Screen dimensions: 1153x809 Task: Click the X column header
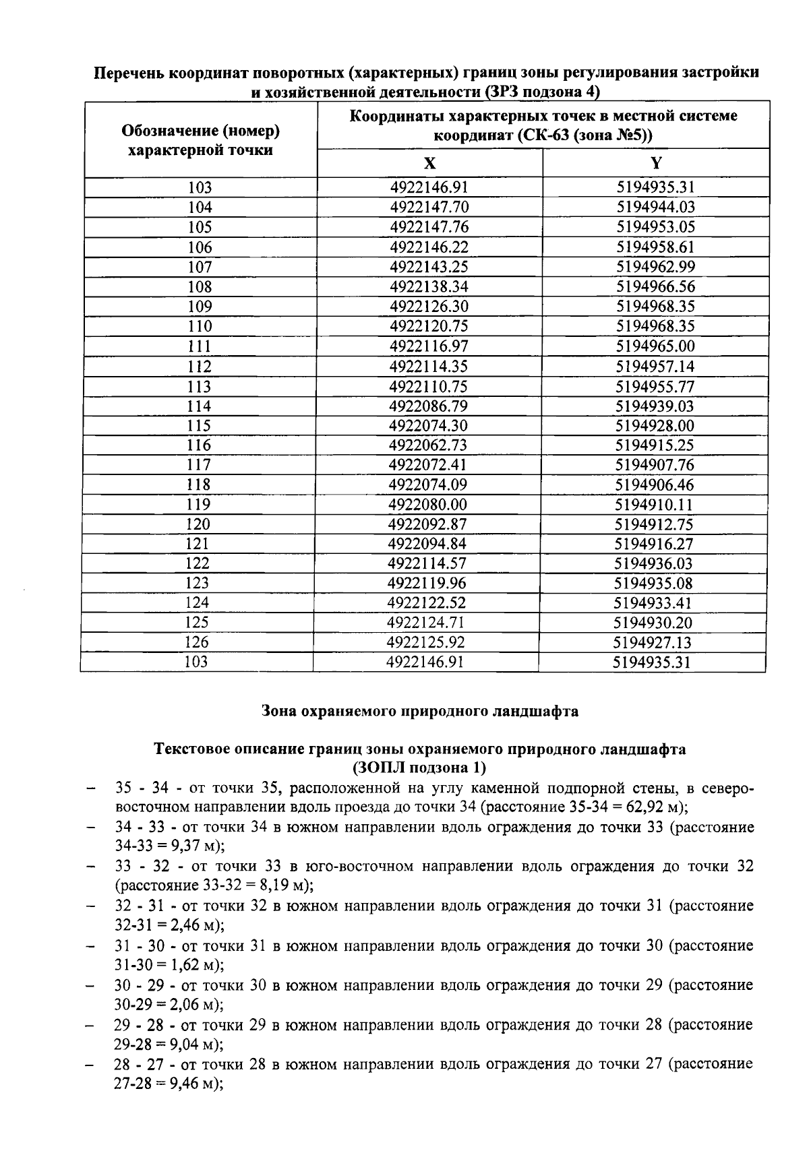[x=429, y=163]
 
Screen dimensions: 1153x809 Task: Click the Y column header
[x=656, y=163]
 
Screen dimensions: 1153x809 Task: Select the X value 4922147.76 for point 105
[x=429, y=227]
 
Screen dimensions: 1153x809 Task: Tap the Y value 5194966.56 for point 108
[x=655, y=286]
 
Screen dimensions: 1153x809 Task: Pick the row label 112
[x=200, y=367]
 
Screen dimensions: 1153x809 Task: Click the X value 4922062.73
[x=428, y=445]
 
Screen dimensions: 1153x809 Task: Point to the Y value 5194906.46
[x=655, y=485]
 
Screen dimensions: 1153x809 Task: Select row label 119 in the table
[x=198, y=505]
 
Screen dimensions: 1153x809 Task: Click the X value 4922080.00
[x=428, y=505]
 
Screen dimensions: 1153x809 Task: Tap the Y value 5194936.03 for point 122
[x=654, y=563]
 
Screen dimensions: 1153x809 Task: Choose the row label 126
[x=197, y=642]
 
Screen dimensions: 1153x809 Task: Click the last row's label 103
[x=196, y=662]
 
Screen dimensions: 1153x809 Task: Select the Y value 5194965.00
[x=655, y=346]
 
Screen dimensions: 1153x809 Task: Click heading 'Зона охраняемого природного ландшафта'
[x=419, y=712]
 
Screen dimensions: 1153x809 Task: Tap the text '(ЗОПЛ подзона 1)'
[x=419, y=768]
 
